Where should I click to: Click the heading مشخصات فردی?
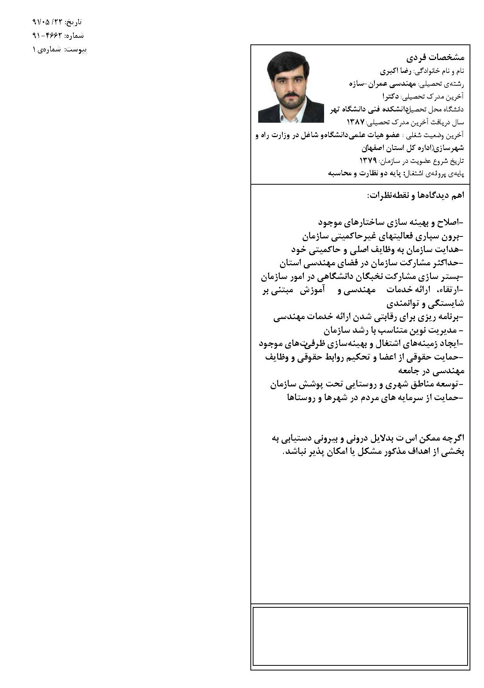coord(435,57)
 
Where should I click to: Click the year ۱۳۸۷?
coord(355,122)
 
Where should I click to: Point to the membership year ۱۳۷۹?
coord(368,160)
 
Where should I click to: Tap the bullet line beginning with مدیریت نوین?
coord(393,331)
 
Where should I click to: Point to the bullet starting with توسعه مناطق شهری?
coord(367,384)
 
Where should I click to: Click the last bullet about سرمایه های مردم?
coord(375,398)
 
